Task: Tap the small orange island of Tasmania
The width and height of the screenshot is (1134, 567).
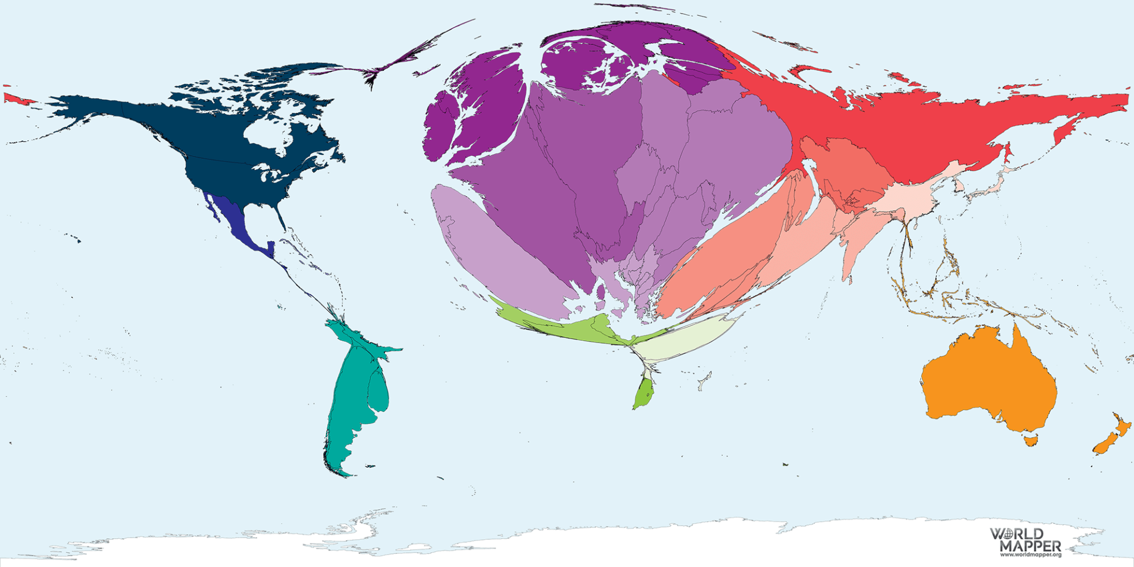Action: tap(1031, 440)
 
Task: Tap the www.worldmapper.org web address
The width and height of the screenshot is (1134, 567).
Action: tap(1030, 555)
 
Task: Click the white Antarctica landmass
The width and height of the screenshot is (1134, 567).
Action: tap(591, 543)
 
